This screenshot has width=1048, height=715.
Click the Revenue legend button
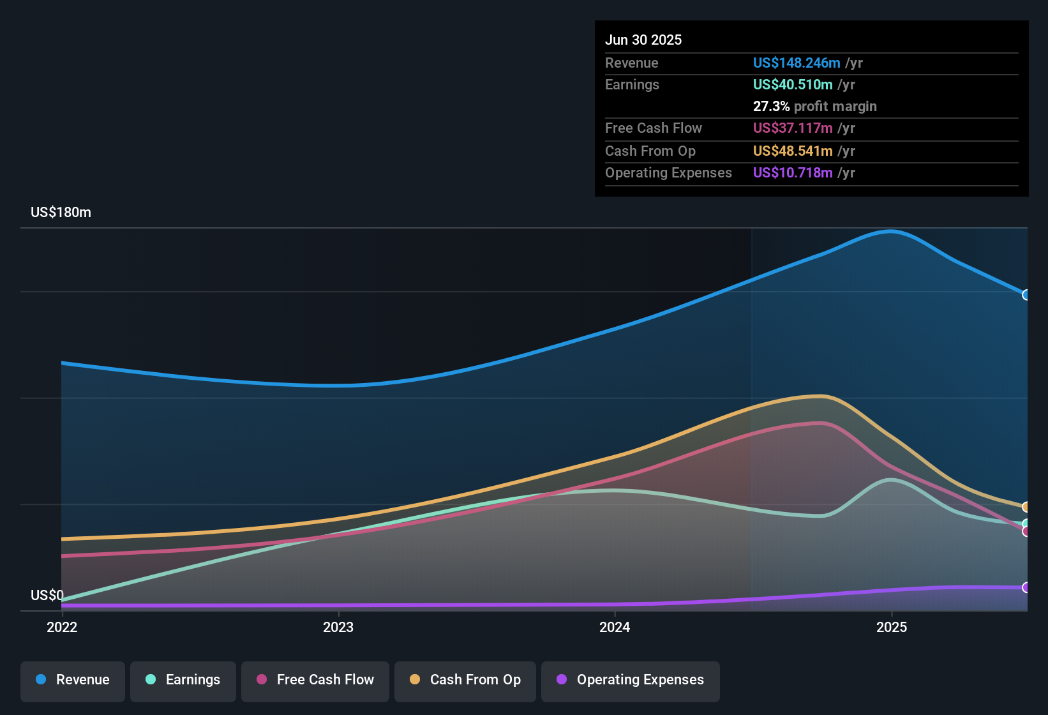(73, 680)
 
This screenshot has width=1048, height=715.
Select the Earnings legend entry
(183, 680)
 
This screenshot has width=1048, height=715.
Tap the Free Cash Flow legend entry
(315, 680)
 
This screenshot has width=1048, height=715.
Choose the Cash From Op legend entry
(465, 680)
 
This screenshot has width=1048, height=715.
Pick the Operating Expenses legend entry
(631, 680)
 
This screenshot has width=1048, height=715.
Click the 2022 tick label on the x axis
(62, 627)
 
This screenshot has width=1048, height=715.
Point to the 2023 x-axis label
(338, 627)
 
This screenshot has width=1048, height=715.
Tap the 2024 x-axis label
(615, 627)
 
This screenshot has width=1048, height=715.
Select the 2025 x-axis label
(892, 627)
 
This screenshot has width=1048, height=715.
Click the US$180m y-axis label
(61, 213)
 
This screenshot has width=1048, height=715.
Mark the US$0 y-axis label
(47, 596)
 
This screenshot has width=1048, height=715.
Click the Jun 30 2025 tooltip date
(643, 40)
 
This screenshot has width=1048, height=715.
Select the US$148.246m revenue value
(796, 63)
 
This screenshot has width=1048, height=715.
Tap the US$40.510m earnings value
(792, 85)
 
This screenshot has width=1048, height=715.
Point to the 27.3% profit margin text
(814, 107)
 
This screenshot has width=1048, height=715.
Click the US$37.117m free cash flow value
(792, 128)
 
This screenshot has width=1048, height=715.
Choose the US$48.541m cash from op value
(792, 151)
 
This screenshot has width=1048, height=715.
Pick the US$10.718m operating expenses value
(792, 173)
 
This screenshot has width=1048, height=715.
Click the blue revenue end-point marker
(1026, 295)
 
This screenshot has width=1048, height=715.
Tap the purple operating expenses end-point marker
(1026, 587)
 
